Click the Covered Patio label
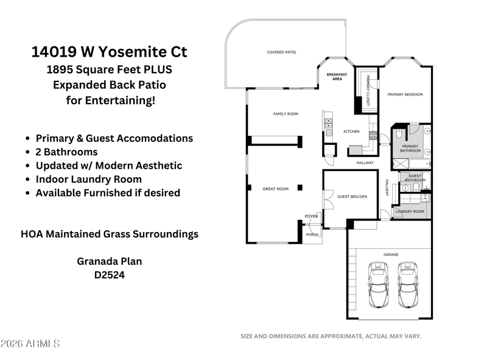(x=281, y=52)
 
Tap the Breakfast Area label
(x=337, y=77)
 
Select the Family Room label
(x=286, y=114)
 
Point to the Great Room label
(x=276, y=189)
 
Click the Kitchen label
(x=351, y=132)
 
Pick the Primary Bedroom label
(x=405, y=94)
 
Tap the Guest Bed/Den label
(x=352, y=197)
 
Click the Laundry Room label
(x=410, y=211)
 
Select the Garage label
(x=391, y=254)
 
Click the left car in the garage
(x=378, y=284)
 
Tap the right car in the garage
(x=408, y=284)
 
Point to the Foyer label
(x=311, y=216)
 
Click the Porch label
(x=312, y=235)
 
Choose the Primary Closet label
(x=368, y=91)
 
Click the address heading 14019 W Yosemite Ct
(x=110, y=52)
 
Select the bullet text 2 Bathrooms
(x=66, y=152)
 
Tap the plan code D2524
(x=110, y=275)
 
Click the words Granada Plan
(x=110, y=261)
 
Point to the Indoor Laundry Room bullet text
(x=88, y=179)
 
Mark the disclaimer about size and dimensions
(x=331, y=336)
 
